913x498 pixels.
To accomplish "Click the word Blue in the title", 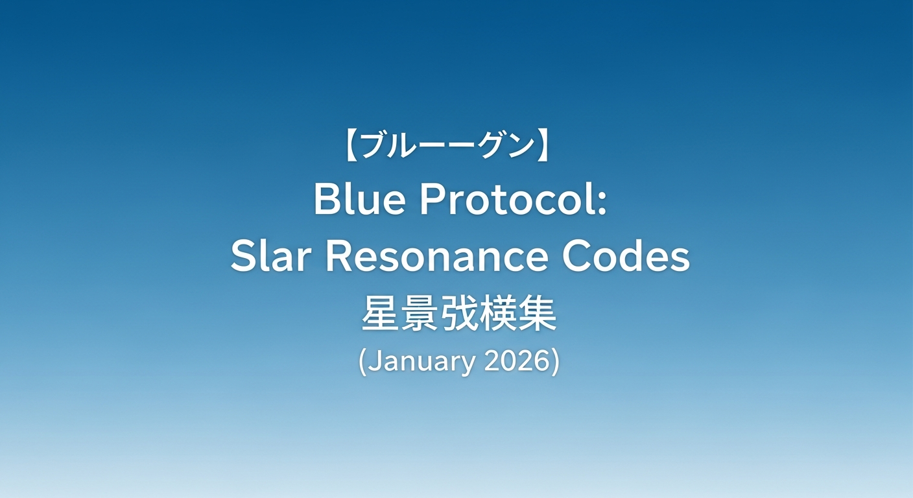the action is [x=359, y=199].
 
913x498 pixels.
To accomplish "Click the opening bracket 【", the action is [x=352, y=146].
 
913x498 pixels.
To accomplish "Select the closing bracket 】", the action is [x=544, y=146].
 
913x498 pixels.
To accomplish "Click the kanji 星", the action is [x=380, y=314].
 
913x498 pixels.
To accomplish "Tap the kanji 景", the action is [x=420, y=314].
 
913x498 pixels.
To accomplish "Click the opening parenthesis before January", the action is [x=362, y=362].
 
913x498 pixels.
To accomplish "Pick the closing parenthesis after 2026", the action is [x=556, y=362].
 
